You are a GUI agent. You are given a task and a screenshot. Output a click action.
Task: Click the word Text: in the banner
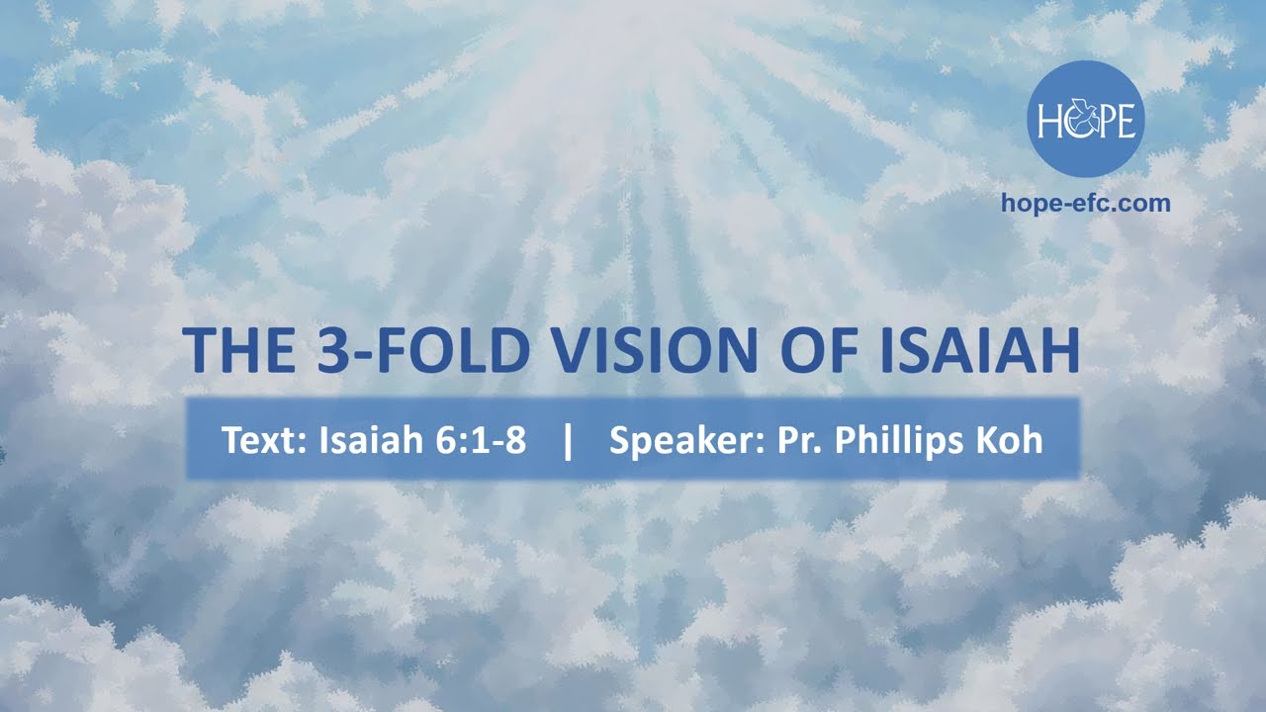265,440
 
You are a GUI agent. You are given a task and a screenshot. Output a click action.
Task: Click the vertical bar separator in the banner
567,440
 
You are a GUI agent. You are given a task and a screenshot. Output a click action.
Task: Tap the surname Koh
1011,440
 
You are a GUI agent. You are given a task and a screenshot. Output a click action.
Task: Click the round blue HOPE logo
1086,119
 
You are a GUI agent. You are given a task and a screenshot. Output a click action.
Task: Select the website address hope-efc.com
1086,204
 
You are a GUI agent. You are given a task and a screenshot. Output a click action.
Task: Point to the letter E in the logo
1129,122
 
